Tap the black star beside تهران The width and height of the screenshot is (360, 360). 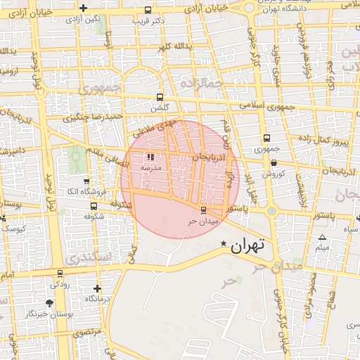(224, 244)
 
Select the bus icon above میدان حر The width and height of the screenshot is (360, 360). (204, 210)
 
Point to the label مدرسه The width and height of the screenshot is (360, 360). (151, 168)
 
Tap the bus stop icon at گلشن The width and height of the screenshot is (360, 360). (160, 98)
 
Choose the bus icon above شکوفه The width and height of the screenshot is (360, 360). (94, 206)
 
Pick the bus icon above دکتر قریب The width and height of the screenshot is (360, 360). (147, 11)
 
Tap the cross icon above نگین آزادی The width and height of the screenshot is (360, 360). (84, 8)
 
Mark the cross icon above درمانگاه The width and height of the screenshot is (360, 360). (97, 288)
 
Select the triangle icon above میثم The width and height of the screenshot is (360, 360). (322, 237)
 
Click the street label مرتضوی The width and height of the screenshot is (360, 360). (86, 330)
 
